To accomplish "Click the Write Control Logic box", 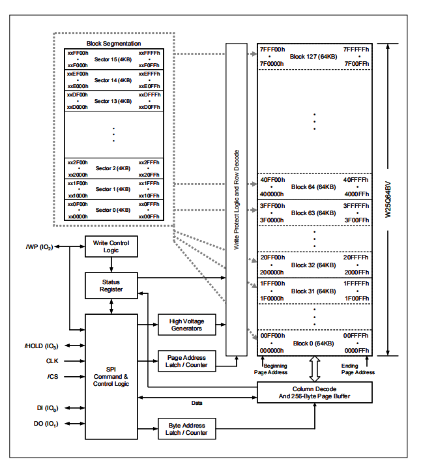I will pyautogui.click(x=111, y=247).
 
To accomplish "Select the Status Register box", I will pyautogui.click(x=111, y=285).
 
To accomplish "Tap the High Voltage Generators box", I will pyautogui.click(x=186, y=324).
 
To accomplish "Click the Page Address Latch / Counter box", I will pyautogui.click(x=186, y=361).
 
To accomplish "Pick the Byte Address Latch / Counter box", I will pyautogui.click(x=186, y=429).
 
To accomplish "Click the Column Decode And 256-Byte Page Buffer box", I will pyautogui.click(x=314, y=392).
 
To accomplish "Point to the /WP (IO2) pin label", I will pyautogui.click(x=40, y=247).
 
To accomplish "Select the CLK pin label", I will pyautogui.click(x=53, y=360).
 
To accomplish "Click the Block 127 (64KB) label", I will pyautogui.click(x=313, y=56).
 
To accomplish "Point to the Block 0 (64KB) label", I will pyautogui.click(x=313, y=344).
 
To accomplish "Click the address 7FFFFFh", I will pyautogui.click(x=356, y=49).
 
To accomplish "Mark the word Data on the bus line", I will pyautogui.click(x=196, y=403).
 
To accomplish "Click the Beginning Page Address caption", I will pyautogui.click(x=270, y=369).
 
